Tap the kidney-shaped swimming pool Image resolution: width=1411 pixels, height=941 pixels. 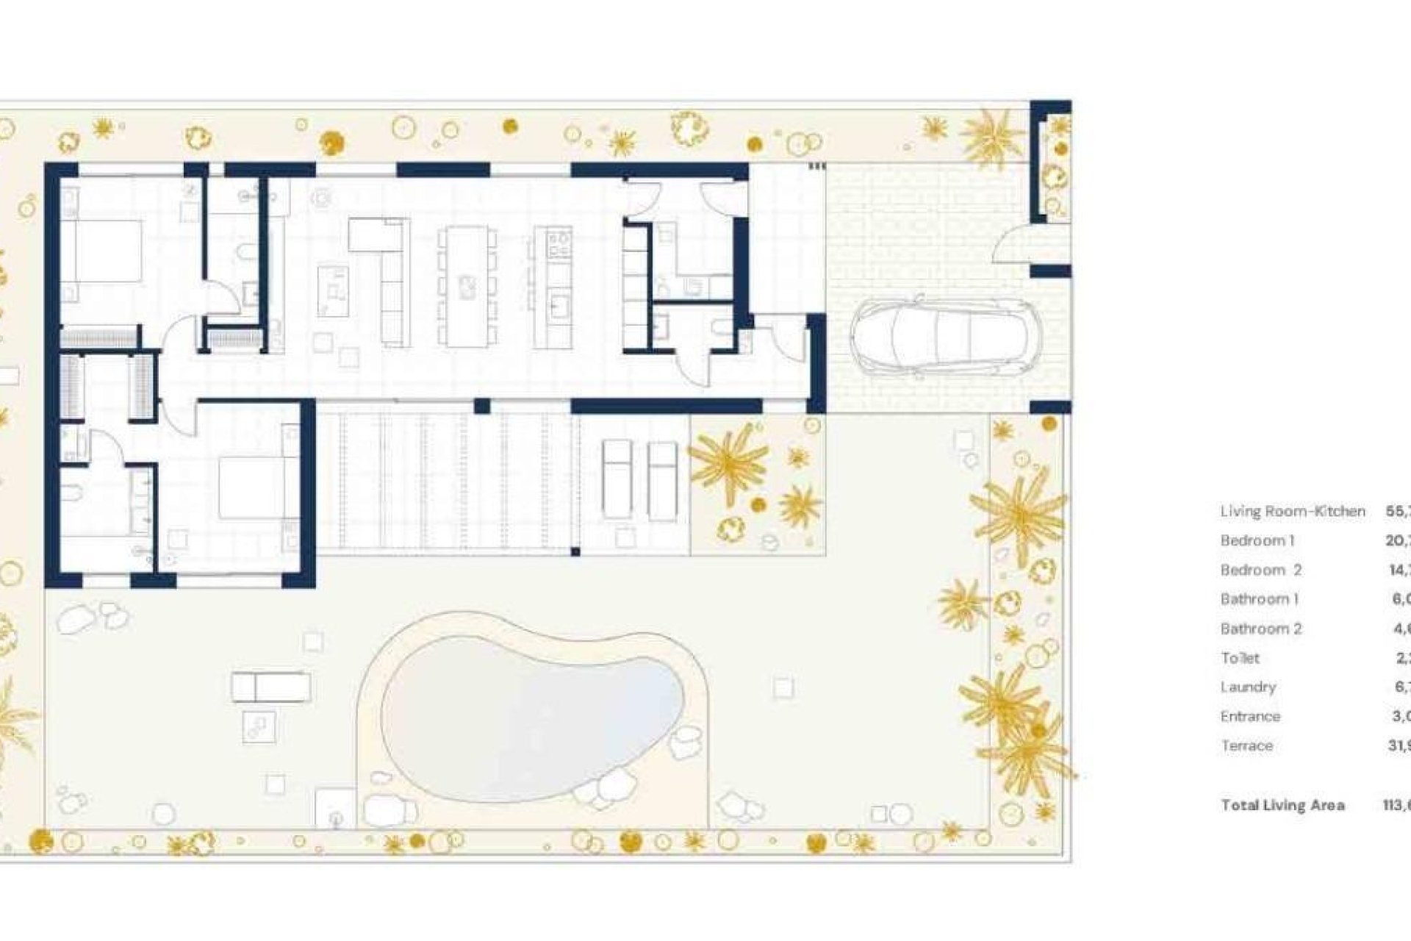point(533,717)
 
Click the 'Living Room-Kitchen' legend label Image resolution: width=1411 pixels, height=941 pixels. point(1293,511)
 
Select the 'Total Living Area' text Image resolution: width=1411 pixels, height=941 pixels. point(1282,805)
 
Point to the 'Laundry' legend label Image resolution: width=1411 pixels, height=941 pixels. point(1248,687)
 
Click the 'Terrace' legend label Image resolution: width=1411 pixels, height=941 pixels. point(1246,745)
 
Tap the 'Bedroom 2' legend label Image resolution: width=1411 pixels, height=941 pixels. point(1260,570)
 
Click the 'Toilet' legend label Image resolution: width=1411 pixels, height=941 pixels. point(1240,658)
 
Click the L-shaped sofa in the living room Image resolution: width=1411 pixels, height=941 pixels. point(389,279)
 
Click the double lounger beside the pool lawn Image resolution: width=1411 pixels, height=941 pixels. point(270,688)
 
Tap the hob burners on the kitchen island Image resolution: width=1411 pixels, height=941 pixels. point(560,243)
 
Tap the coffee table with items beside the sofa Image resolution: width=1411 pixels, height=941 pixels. point(333,290)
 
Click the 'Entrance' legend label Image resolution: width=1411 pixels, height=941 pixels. point(1249,716)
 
